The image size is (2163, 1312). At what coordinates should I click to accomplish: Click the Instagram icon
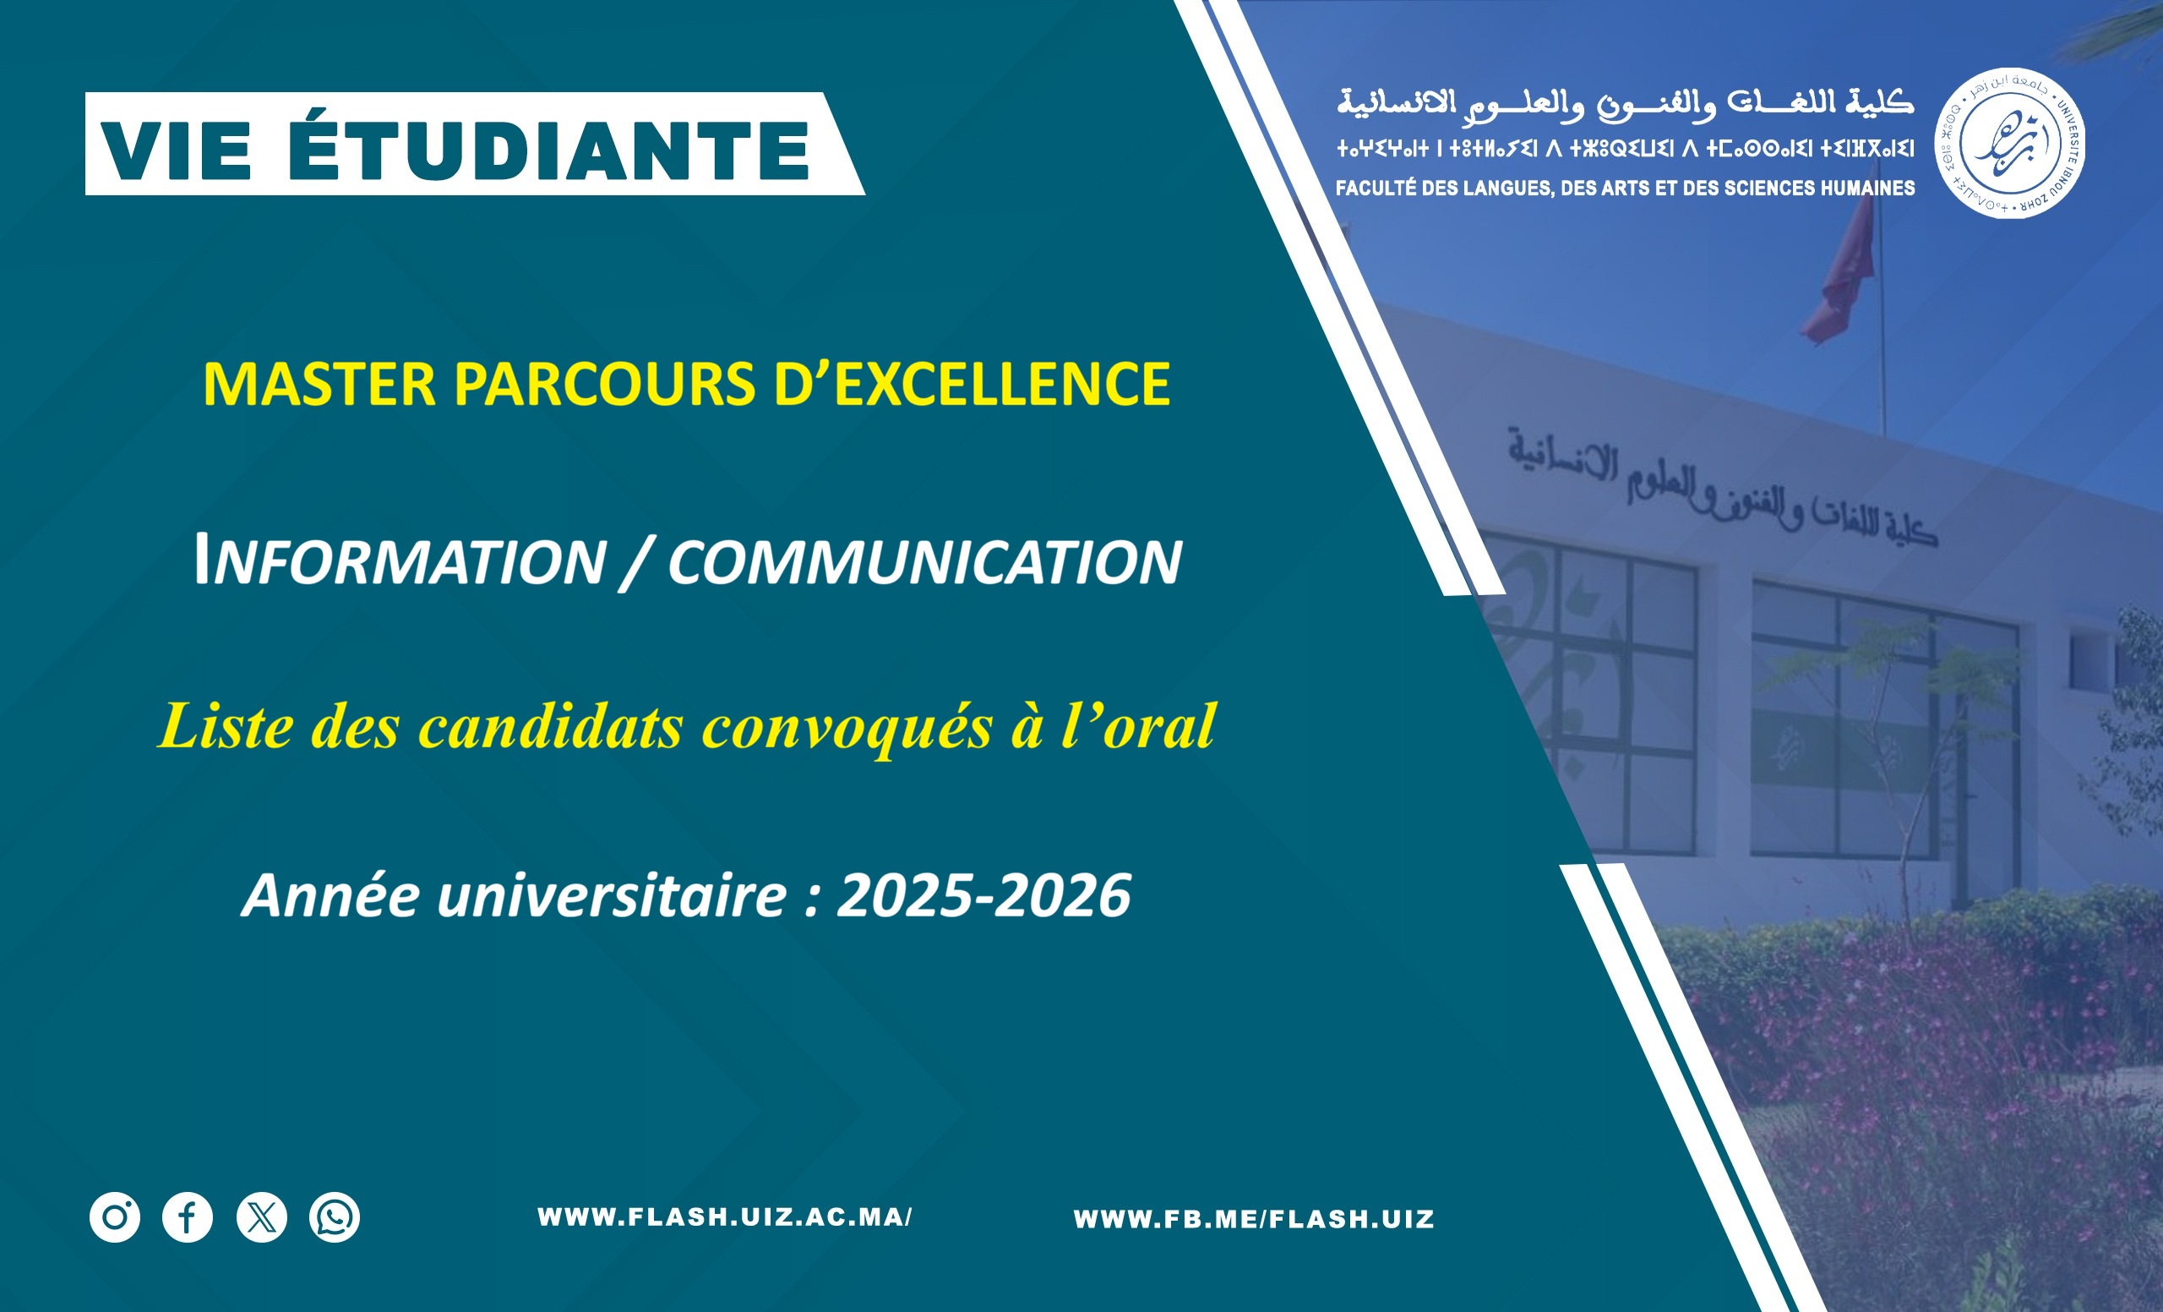[115, 1217]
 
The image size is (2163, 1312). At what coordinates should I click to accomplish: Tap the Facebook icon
[188, 1217]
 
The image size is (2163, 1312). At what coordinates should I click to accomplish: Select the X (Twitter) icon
[262, 1217]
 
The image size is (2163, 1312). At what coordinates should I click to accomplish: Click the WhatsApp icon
[335, 1217]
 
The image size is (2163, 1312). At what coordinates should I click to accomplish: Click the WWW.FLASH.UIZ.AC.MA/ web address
[725, 1217]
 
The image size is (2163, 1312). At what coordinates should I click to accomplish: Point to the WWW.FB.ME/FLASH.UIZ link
[1254, 1219]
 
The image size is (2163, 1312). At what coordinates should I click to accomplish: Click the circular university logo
[2010, 143]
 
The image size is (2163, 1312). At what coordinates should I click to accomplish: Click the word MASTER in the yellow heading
[319, 385]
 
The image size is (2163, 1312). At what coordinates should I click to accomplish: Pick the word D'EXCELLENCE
[973, 385]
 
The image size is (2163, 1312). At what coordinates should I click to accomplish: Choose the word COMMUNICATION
[925, 562]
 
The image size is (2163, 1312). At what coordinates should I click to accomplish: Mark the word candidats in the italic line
[550, 727]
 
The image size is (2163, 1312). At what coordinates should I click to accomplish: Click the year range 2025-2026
[984, 896]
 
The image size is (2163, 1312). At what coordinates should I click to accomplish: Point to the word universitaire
[612, 896]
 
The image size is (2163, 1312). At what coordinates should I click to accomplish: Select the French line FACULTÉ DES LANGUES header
[1625, 188]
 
